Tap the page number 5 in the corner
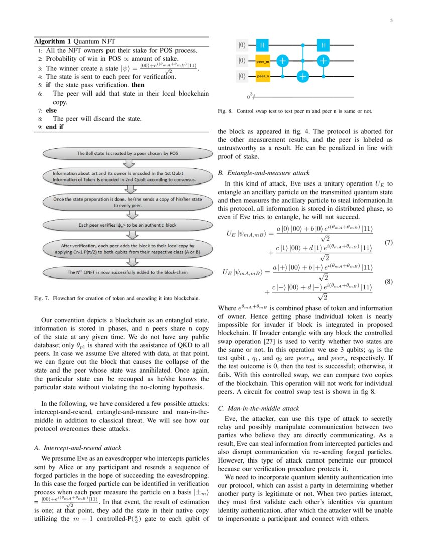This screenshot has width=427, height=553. pyautogui.click(x=391, y=21)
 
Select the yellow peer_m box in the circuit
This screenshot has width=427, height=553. pyautogui.click(x=263, y=61)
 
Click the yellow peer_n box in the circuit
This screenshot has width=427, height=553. pyautogui.click(x=263, y=76)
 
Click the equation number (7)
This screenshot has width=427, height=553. pyautogui.click(x=388, y=243)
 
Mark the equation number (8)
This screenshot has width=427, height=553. pyautogui.click(x=388, y=282)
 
